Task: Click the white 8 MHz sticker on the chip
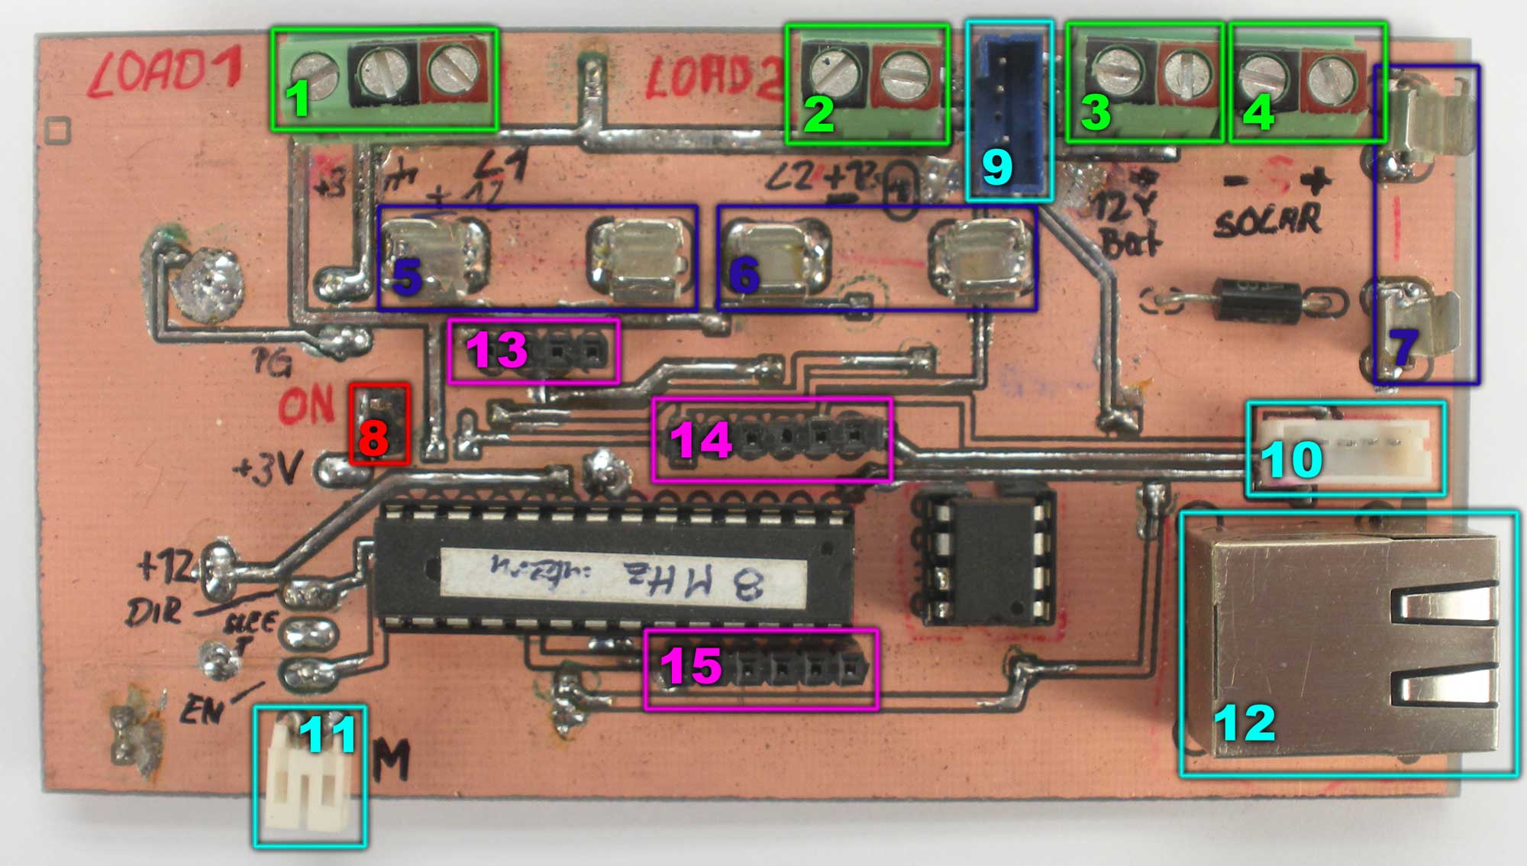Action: (x=622, y=584)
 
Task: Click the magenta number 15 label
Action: (x=691, y=666)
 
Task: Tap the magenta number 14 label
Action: (x=701, y=441)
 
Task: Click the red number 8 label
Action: (x=373, y=438)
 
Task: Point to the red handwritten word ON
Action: (x=305, y=405)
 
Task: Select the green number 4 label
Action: (x=1258, y=113)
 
